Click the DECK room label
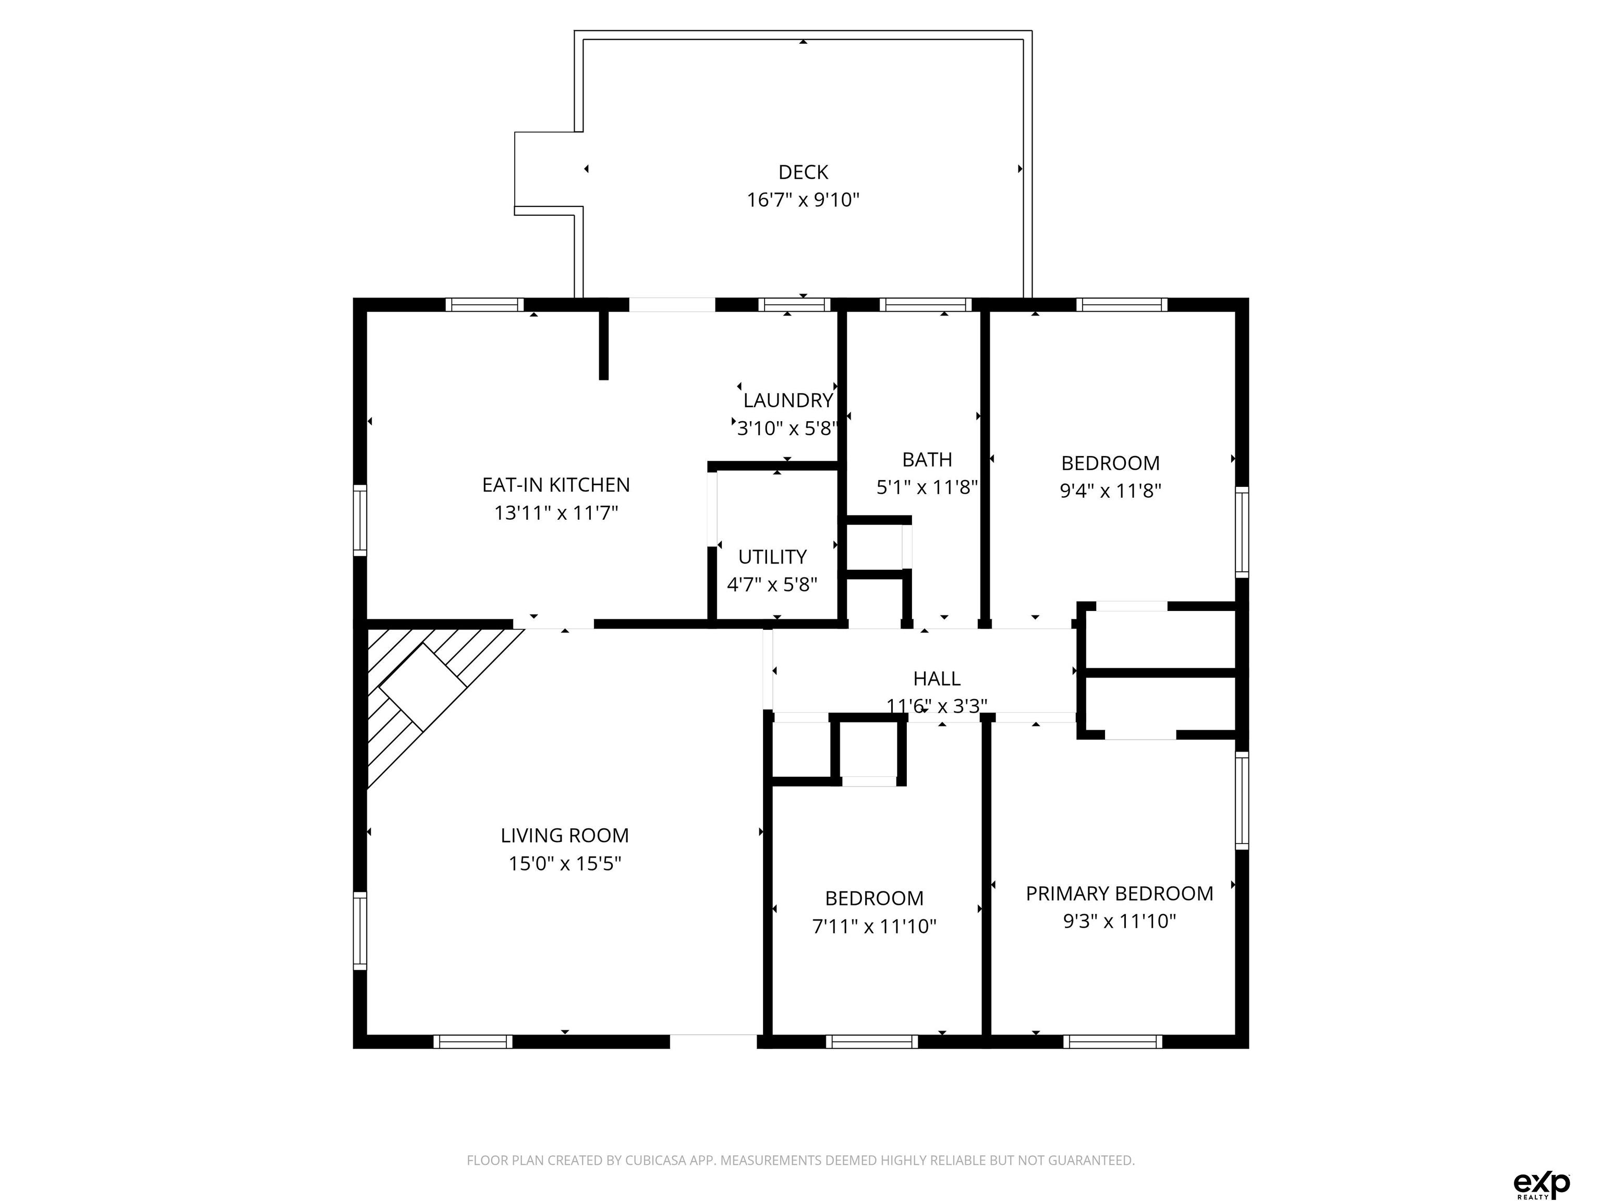point(803,173)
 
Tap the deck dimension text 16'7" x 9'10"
point(803,200)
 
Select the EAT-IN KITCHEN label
point(556,485)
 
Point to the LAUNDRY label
point(788,400)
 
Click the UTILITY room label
point(772,557)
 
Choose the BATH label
point(927,460)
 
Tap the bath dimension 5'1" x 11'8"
point(927,488)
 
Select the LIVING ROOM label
point(565,836)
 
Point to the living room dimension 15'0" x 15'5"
point(565,864)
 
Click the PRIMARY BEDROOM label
point(1120,893)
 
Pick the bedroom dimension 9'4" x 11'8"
point(1111,491)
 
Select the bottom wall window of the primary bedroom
point(1113,1041)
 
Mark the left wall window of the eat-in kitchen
point(360,521)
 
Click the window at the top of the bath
point(926,305)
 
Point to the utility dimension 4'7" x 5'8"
point(772,585)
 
